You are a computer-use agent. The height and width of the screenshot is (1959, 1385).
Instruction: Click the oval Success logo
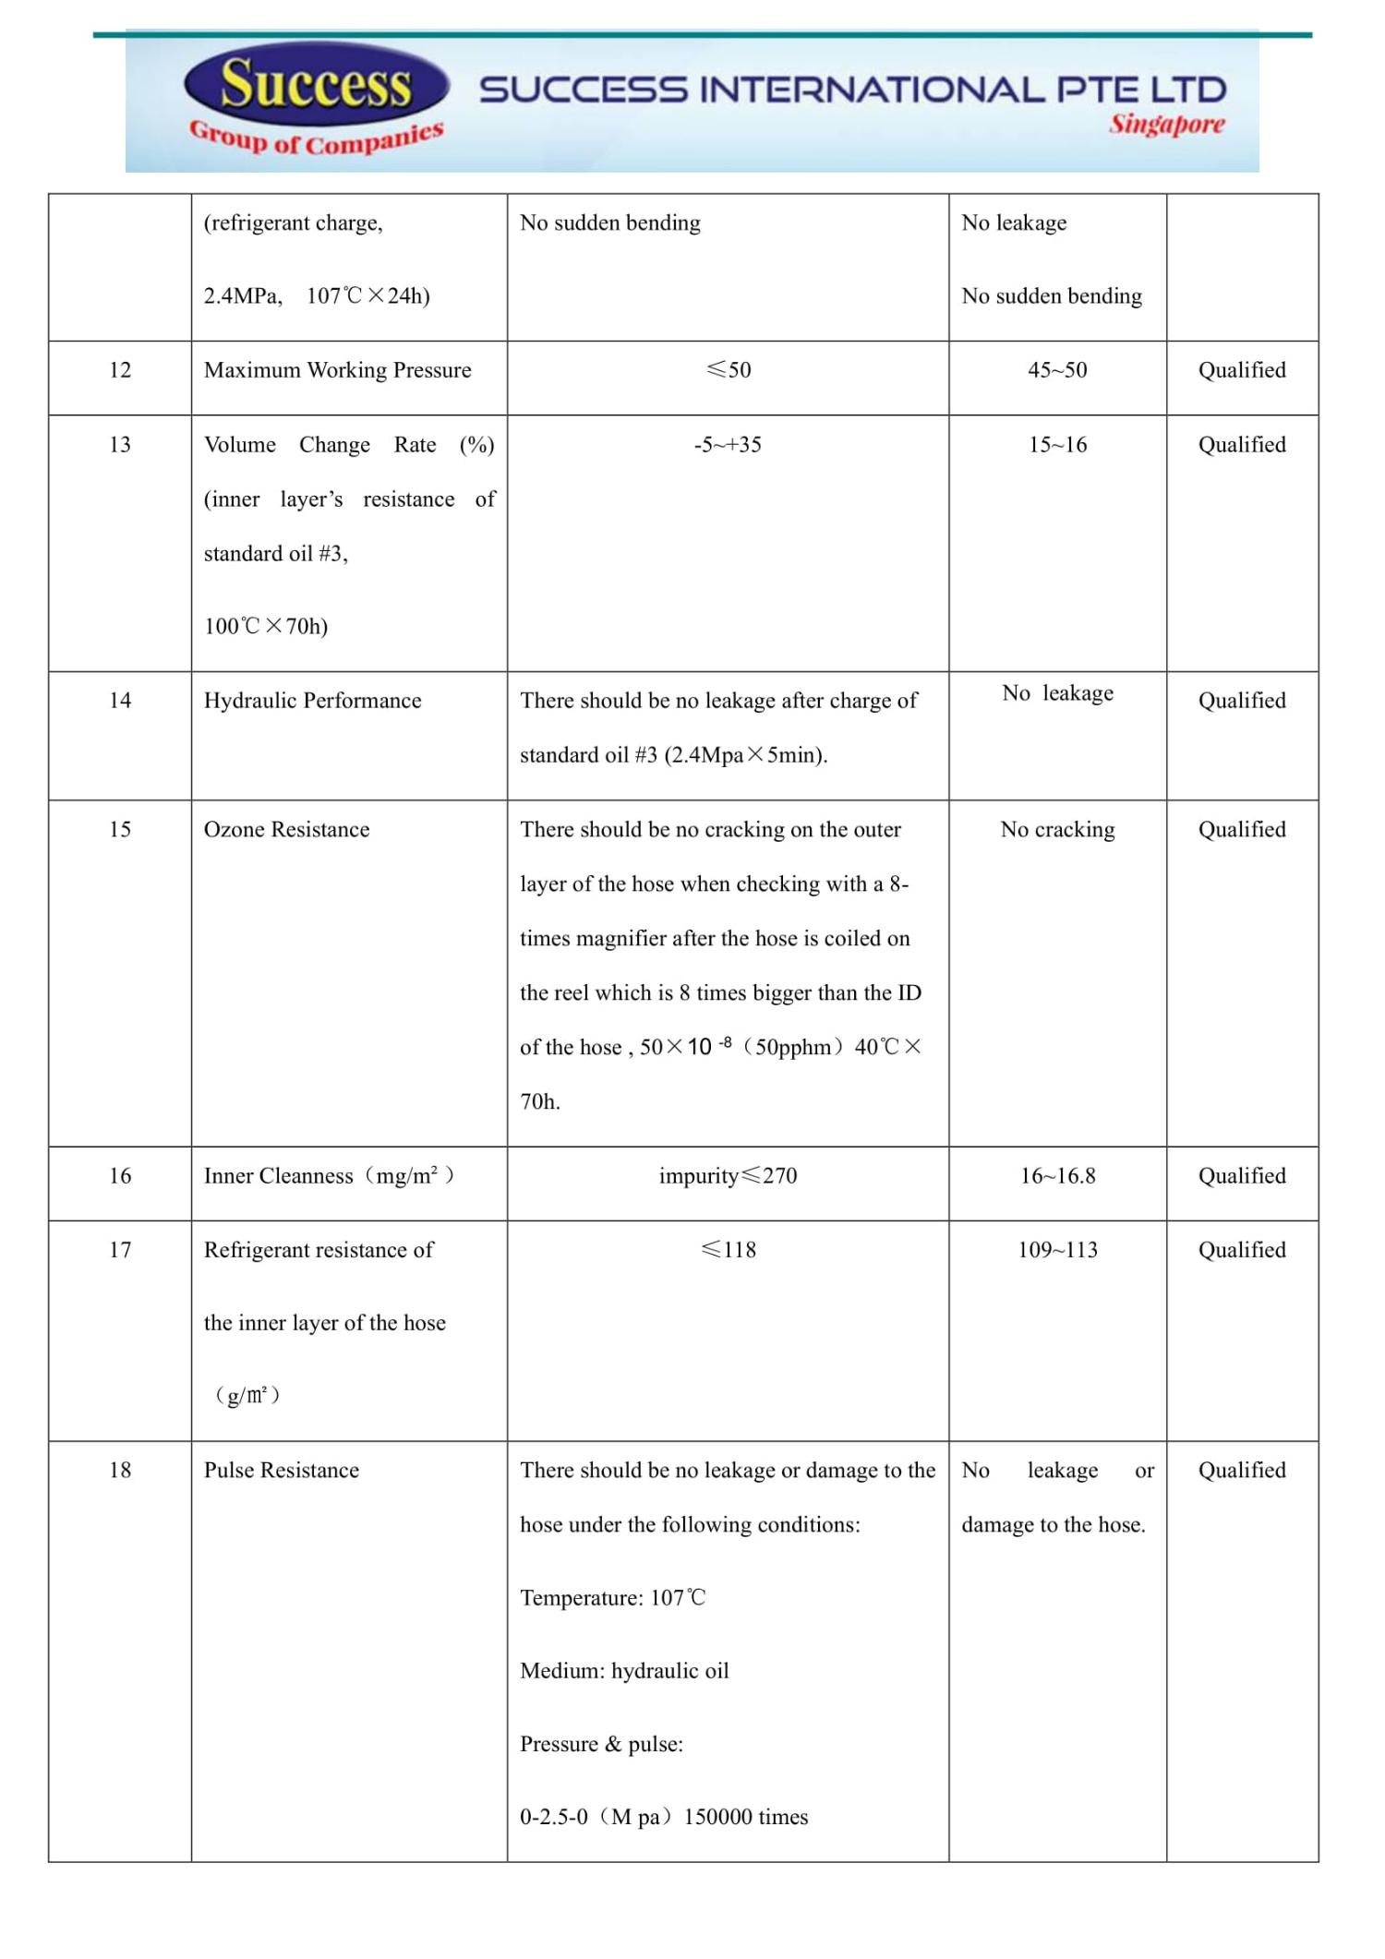point(316,84)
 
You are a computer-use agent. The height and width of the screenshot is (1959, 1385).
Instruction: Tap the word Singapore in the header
point(1167,124)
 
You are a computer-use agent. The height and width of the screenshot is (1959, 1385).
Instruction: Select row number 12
point(120,370)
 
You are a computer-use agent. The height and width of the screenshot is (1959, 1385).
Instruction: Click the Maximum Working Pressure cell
point(337,370)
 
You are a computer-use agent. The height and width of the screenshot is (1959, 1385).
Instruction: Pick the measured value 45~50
point(1057,370)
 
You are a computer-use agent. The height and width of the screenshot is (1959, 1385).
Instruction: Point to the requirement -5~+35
point(728,445)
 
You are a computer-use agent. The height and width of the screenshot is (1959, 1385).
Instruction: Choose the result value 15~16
point(1057,445)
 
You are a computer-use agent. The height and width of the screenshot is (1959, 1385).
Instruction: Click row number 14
point(120,701)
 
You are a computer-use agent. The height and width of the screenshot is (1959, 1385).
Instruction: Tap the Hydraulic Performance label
point(312,701)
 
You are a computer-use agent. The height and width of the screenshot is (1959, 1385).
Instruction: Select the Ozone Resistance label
point(286,830)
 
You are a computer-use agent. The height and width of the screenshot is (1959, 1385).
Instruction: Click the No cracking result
point(1057,830)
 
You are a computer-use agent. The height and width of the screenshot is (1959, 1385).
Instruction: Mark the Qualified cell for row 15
point(1242,830)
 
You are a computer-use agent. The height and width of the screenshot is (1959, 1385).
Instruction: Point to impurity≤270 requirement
point(728,1176)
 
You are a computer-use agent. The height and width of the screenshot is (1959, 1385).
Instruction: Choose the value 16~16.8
point(1057,1176)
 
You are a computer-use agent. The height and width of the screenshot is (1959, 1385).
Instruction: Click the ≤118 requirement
point(728,1250)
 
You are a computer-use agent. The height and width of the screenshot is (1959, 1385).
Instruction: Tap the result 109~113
point(1057,1250)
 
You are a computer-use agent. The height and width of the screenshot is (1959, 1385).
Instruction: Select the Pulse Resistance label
point(282,1471)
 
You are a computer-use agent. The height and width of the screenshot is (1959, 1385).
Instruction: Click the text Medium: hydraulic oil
point(624,1671)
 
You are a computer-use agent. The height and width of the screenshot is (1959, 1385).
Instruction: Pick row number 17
point(120,1250)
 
